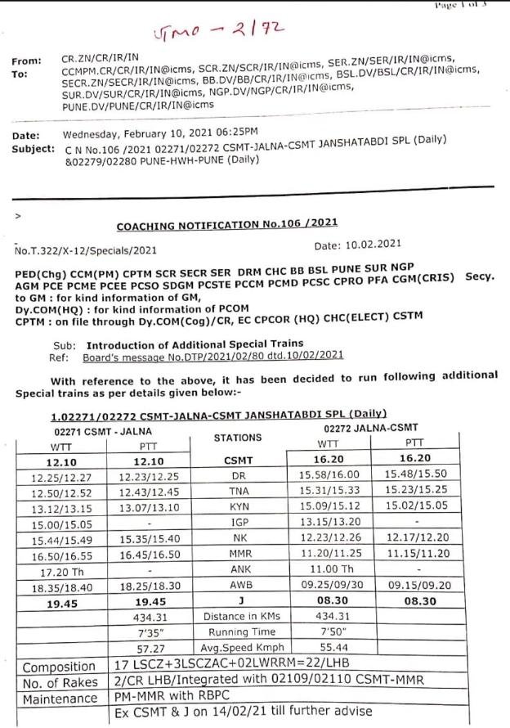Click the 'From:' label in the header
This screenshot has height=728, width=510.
27,61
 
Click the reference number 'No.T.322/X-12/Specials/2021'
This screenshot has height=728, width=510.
87,250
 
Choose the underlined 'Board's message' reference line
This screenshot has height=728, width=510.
213,356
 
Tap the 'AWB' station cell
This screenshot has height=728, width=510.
238,586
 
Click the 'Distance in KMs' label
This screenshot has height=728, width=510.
238,616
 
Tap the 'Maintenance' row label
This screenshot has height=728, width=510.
60,699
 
